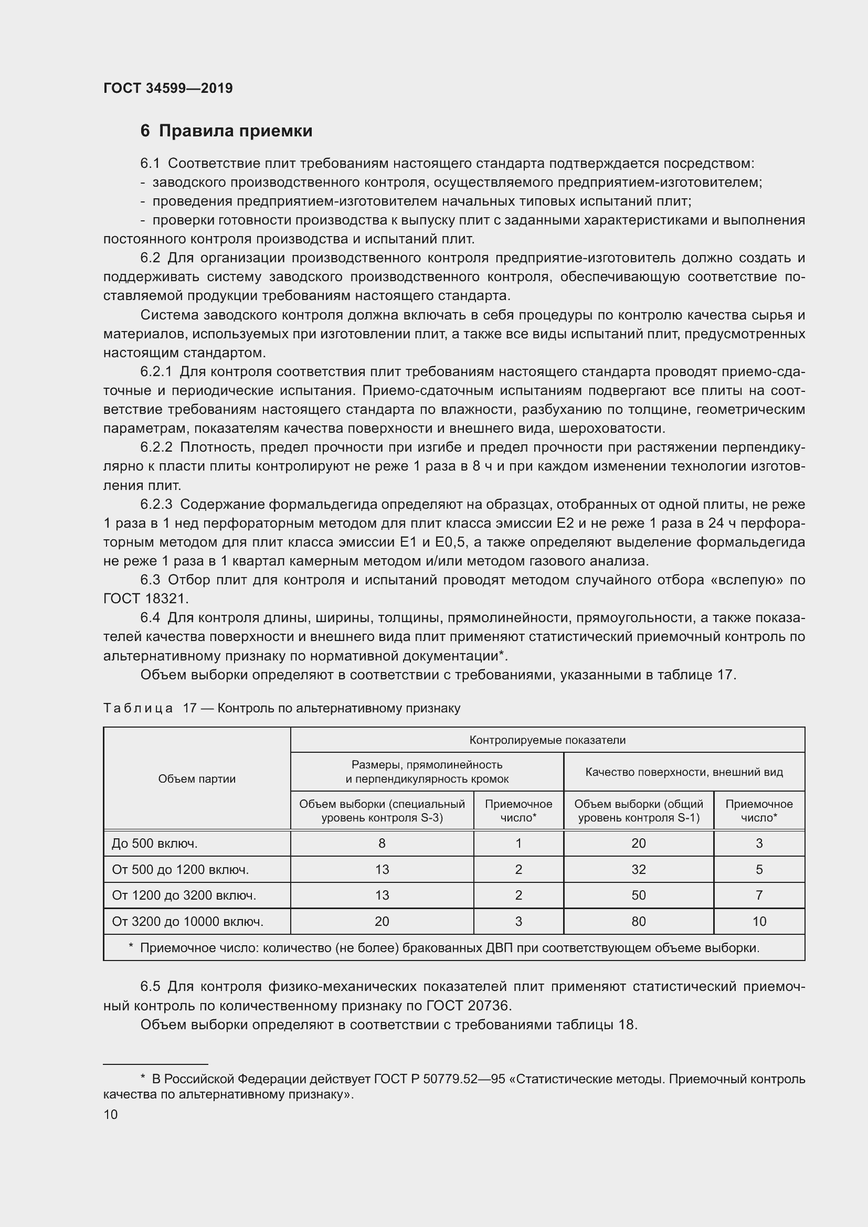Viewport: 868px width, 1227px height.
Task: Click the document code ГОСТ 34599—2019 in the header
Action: click(x=168, y=89)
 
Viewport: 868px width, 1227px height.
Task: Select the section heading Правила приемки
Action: click(x=235, y=131)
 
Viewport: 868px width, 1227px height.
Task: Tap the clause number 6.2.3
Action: click(x=156, y=504)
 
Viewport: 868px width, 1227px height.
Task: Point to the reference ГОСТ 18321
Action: click(x=146, y=599)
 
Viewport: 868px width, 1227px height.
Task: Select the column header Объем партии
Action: click(x=197, y=778)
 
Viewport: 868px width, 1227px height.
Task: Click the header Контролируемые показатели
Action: click(x=547, y=740)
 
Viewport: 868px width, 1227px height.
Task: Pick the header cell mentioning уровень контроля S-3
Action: click(x=382, y=810)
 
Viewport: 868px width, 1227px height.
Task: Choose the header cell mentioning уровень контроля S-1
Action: click(x=639, y=810)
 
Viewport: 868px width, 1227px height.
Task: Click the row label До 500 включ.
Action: click(x=154, y=844)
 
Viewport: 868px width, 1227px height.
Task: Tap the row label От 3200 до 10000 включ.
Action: click(x=187, y=921)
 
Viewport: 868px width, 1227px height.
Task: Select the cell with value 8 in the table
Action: click(x=382, y=844)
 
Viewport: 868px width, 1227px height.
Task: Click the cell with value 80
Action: click(x=639, y=921)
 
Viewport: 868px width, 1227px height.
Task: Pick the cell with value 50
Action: click(x=639, y=895)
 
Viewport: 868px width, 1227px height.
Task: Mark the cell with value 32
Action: click(x=639, y=869)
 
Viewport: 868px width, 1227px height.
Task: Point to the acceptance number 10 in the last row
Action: click(x=759, y=921)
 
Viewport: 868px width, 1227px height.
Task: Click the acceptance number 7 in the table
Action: click(x=759, y=895)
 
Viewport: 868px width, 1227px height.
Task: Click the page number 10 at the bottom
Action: click(x=111, y=1115)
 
